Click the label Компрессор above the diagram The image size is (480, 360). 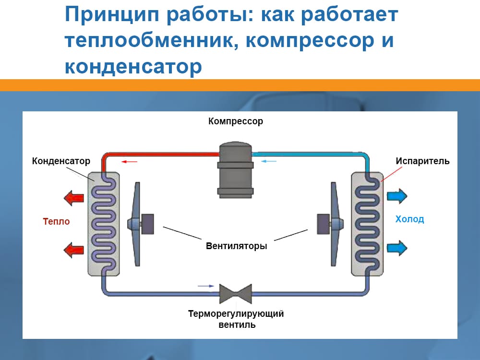tap(235, 121)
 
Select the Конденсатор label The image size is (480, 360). tap(61, 161)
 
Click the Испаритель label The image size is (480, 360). tap(422, 161)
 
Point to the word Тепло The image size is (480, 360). tap(56, 221)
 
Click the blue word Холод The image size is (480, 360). tap(409, 219)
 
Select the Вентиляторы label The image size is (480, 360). tap(236, 246)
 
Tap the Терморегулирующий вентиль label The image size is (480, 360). tap(236, 319)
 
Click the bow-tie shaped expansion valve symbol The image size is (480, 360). tap(235, 293)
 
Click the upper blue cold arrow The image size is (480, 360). tap(397, 195)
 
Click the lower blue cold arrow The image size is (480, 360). tap(397, 248)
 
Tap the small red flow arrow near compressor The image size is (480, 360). tap(129, 162)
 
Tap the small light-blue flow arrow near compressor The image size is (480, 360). tap(269, 161)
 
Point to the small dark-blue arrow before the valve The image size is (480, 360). tap(206, 286)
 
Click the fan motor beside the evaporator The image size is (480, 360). tap(324, 224)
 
